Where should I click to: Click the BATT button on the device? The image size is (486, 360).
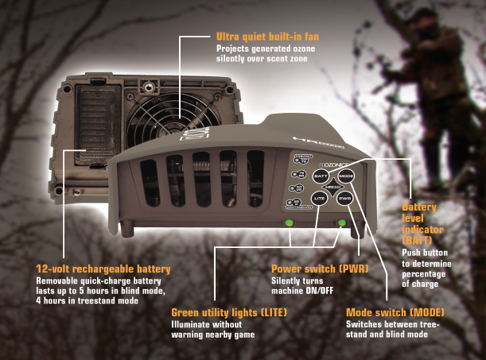point(321,176)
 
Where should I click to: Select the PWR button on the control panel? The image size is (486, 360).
point(345,199)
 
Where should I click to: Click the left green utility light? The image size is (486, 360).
point(290,223)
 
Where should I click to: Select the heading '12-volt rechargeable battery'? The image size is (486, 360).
point(103,269)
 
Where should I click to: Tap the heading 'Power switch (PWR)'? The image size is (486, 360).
point(309,269)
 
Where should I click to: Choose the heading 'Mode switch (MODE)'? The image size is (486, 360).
point(394,312)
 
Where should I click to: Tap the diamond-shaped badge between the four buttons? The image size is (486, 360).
point(333,187)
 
